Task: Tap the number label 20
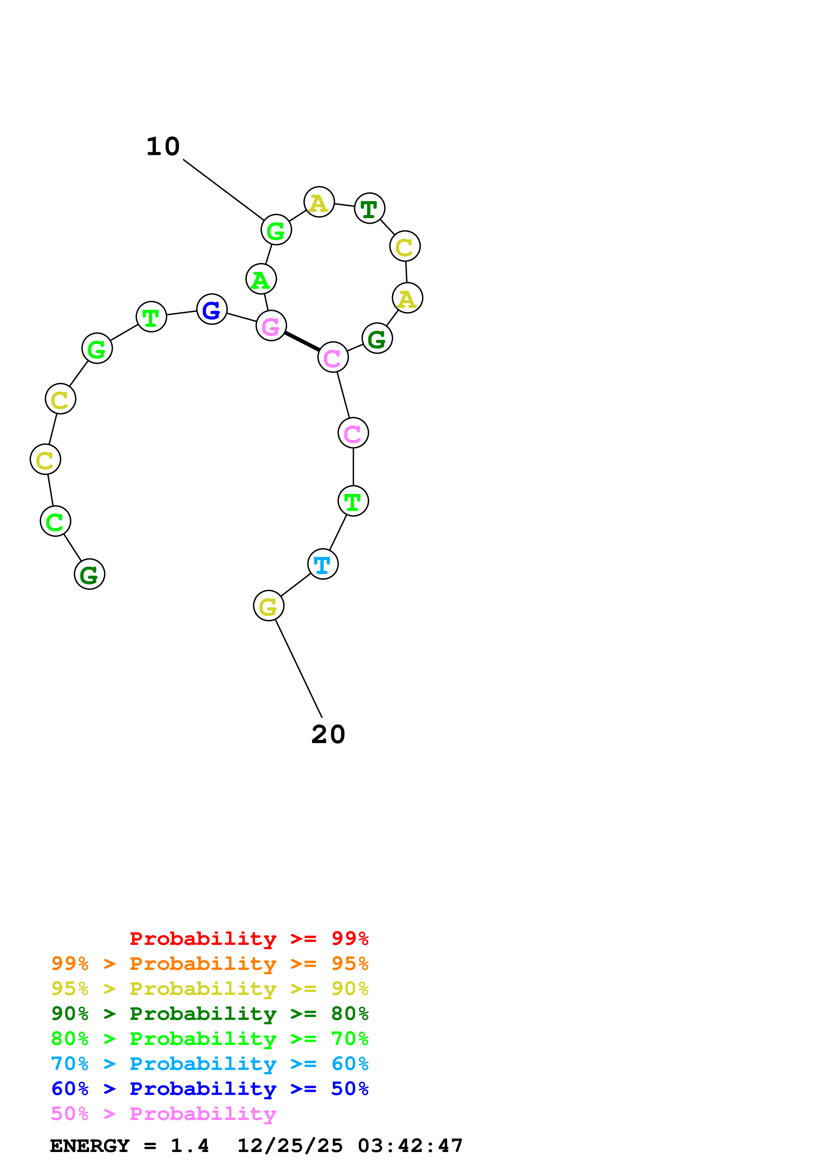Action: point(328,734)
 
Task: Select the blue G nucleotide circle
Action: point(212,309)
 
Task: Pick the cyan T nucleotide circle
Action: point(323,564)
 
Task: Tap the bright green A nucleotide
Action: point(261,279)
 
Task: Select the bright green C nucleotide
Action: point(55,521)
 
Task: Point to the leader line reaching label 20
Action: point(299,669)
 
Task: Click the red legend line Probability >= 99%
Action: point(249,939)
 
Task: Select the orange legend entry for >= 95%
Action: point(210,964)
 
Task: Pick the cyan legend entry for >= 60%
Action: point(210,1064)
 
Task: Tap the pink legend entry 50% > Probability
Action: point(163,1114)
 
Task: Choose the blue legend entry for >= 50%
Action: point(210,1089)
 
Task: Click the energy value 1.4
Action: point(189,1146)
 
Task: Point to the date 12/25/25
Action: point(290,1146)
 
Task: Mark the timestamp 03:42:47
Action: point(410,1146)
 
